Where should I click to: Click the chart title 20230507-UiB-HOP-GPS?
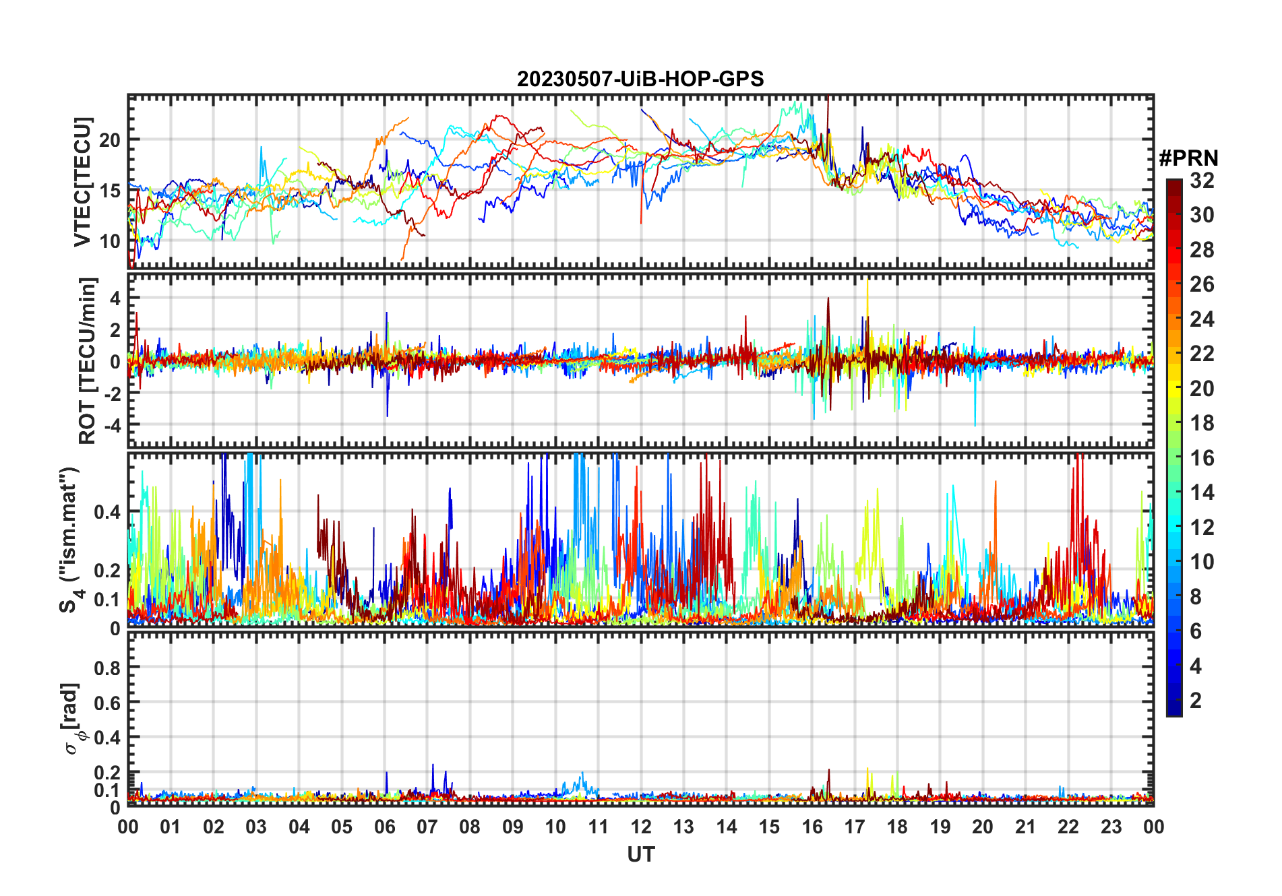click(x=640, y=79)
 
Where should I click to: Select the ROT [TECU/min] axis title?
click(x=88, y=360)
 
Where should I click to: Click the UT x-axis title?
click(x=640, y=854)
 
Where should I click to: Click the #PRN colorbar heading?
click(x=1188, y=158)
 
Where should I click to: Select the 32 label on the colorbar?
click(x=1202, y=181)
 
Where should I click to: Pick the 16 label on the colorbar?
click(x=1202, y=458)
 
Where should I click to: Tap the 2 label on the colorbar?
click(x=1196, y=701)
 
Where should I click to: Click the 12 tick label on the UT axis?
click(x=641, y=827)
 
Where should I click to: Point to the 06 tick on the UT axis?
click(x=385, y=827)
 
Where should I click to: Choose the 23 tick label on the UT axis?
click(x=1111, y=827)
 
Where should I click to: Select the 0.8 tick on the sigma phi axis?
click(x=108, y=668)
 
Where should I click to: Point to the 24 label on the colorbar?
click(x=1202, y=319)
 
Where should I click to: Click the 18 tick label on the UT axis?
click(x=897, y=827)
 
